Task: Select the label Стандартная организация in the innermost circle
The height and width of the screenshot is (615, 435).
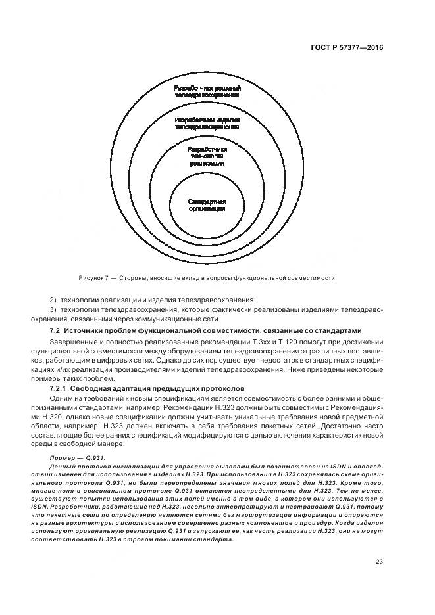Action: pos(207,204)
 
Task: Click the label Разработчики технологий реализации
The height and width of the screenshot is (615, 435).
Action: pos(207,156)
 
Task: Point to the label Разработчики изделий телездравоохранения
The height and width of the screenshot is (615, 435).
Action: pos(207,124)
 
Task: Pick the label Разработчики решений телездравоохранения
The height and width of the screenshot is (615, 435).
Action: pos(207,91)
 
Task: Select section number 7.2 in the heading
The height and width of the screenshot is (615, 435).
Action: pos(55,329)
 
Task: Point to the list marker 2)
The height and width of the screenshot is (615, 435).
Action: pos(53,300)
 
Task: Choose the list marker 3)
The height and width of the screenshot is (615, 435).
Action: pos(53,309)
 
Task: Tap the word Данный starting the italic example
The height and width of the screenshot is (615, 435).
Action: pos(62,465)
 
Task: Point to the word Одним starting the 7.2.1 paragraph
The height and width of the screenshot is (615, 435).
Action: pos(61,398)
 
